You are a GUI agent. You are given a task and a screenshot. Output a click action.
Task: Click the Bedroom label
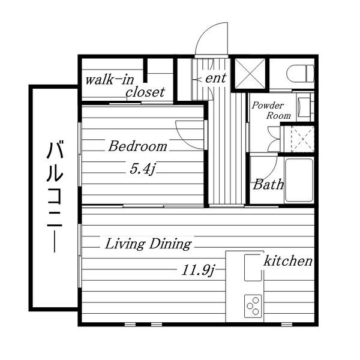(138, 146)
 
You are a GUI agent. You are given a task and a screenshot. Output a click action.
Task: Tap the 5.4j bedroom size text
(142, 169)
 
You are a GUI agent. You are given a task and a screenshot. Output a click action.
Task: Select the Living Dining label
(148, 244)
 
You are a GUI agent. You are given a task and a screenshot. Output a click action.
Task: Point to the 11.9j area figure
(198, 270)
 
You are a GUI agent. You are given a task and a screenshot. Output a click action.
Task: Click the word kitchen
(288, 260)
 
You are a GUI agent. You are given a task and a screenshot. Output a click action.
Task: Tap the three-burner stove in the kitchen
(253, 306)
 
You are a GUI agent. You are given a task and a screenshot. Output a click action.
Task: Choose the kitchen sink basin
(253, 268)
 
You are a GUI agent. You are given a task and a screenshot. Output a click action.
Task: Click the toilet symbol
(300, 73)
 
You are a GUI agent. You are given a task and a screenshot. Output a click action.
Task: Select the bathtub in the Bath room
(299, 181)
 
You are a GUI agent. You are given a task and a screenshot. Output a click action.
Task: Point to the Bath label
(268, 184)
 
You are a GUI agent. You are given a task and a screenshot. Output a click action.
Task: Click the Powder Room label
(271, 110)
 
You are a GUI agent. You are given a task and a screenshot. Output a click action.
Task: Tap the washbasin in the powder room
(304, 107)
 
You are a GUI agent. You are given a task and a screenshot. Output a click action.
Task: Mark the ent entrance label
(215, 78)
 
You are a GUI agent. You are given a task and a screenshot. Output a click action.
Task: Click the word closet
(145, 92)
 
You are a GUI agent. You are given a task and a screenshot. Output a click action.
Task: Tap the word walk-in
(110, 80)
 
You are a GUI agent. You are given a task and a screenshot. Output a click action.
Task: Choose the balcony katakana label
(55, 197)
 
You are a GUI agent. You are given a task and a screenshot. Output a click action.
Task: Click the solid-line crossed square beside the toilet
(250, 73)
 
